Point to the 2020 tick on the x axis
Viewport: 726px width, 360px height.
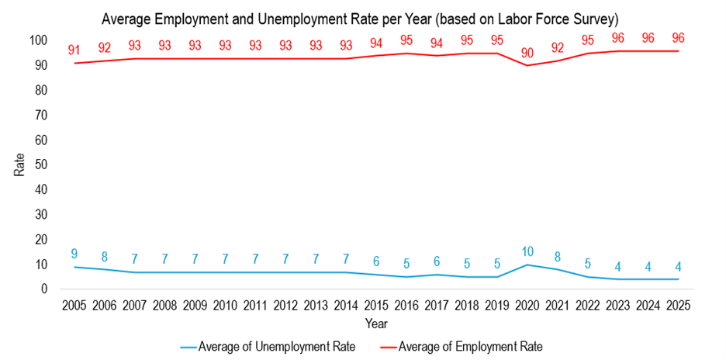[x=527, y=305]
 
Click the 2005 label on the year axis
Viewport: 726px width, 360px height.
[x=74, y=305]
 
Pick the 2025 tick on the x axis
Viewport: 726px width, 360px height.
[x=679, y=305]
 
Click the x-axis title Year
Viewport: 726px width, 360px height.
[x=375, y=323]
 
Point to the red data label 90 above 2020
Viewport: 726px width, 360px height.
[x=527, y=53]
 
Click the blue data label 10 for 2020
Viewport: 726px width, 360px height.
[x=527, y=251]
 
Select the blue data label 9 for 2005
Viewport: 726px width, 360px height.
[x=74, y=254]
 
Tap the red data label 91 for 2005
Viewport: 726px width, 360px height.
[x=74, y=50]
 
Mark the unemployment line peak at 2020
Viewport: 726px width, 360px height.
[x=527, y=265]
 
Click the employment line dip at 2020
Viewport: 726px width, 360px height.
[x=527, y=65]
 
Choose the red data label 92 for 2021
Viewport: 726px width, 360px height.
[x=558, y=48]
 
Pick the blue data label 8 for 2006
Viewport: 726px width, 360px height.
[x=105, y=257]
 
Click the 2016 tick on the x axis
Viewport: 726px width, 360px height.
[x=406, y=305]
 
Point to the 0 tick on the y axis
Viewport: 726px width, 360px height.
[x=43, y=289]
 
